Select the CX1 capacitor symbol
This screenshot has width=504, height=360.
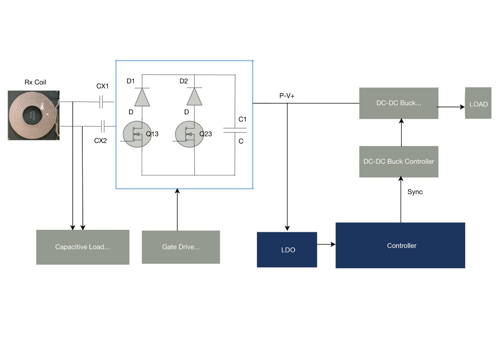101,101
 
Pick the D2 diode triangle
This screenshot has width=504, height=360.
194,97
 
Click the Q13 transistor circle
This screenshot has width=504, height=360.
137,134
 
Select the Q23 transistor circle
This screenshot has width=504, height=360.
189,134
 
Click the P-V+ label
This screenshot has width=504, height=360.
287,96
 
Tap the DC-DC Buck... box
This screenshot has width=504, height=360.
398,103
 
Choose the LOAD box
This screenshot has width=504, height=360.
478,104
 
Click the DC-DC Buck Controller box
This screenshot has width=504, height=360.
399,162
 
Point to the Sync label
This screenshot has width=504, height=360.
415,192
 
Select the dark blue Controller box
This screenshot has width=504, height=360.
400,246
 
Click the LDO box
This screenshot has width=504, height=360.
287,250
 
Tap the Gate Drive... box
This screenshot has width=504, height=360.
181,247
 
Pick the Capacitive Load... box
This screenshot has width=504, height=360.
82,247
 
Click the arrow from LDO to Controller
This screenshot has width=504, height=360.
326,244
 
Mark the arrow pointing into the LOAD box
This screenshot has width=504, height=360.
451,107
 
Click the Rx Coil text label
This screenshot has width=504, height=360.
35,82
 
